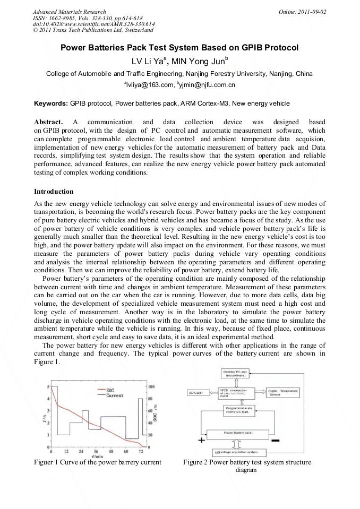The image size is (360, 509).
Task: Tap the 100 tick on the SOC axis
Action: point(151,386)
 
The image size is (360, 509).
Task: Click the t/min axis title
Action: point(97,456)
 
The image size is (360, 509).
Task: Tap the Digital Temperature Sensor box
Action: point(282,393)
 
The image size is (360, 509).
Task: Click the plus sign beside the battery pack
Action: point(202,441)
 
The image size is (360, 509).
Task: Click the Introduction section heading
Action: point(54,191)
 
